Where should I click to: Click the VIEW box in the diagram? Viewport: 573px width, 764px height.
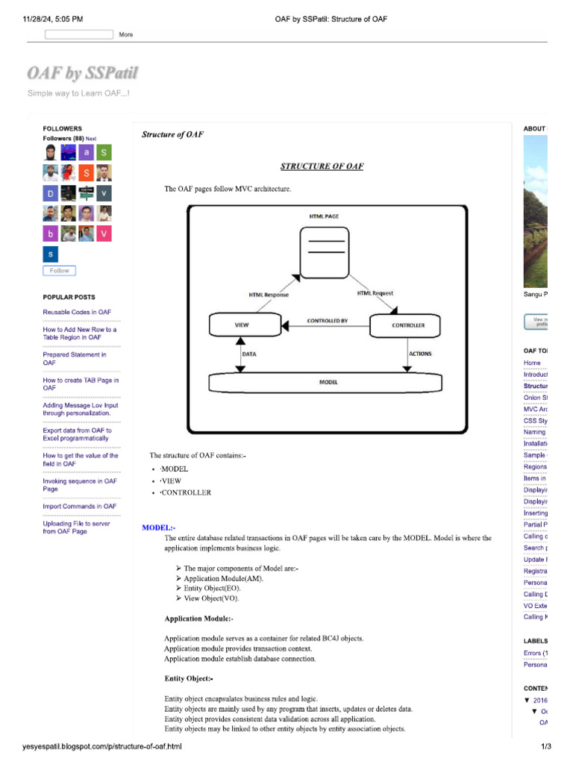pyautogui.click(x=242, y=325)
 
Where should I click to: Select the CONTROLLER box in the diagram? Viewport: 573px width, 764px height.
pyautogui.click(x=407, y=325)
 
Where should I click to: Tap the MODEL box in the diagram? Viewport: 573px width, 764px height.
pyautogui.click(x=328, y=382)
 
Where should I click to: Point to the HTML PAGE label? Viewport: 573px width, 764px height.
pyautogui.click(x=324, y=216)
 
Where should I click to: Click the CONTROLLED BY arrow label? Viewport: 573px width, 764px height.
pyautogui.click(x=327, y=321)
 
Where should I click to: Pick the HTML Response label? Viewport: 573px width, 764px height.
pyautogui.click(x=269, y=295)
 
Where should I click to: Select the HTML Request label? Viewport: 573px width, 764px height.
pyautogui.click(x=375, y=293)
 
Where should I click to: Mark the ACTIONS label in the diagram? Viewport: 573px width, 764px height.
pyautogui.click(x=420, y=354)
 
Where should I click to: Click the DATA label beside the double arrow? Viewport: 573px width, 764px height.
pyautogui.click(x=249, y=354)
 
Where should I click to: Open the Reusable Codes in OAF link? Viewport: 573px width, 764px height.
pyautogui.click(x=77, y=312)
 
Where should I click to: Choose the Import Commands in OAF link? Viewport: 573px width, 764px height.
pyautogui.click(x=79, y=506)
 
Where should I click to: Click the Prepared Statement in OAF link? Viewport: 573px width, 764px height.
pyautogui.click(x=75, y=359)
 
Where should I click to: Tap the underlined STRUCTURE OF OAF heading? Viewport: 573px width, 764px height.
pyautogui.click(x=322, y=166)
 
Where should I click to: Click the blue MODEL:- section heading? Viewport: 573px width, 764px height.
pyautogui.click(x=158, y=527)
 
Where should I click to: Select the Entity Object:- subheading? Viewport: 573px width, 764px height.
pyautogui.click(x=189, y=678)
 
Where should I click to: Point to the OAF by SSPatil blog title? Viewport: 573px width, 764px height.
pyautogui.click(x=82, y=73)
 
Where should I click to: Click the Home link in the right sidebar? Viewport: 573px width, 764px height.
pyautogui.click(x=532, y=363)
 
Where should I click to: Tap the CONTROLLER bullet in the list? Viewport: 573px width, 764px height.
pyautogui.click(x=186, y=492)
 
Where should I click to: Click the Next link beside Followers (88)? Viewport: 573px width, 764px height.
pyautogui.click(x=91, y=139)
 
